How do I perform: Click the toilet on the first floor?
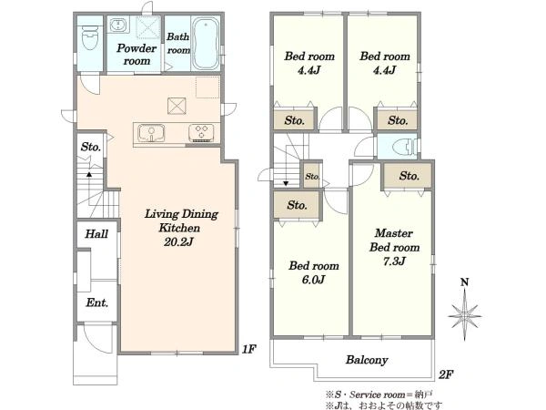click(90, 38)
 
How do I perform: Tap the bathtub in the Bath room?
click(206, 43)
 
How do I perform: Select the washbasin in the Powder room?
click(119, 26)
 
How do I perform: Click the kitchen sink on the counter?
click(151, 133)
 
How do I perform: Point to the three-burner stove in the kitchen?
click(201, 133)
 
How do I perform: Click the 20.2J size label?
click(178, 241)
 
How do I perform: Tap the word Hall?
click(96, 233)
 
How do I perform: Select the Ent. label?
click(96, 302)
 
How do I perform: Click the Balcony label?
click(367, 360)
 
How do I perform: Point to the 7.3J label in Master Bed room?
click(394, 261)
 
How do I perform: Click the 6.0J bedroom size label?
click(313, 280)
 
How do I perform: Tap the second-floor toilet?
click(403, 147)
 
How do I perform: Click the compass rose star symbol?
click(464, 316)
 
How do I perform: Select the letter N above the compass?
click(464, 282)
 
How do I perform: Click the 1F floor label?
click(249, 349)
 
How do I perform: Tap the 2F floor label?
click(446, 374)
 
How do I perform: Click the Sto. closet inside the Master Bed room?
click(408, 176)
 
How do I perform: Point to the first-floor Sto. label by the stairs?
click(91, 147)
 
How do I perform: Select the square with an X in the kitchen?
click(177, 106)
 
